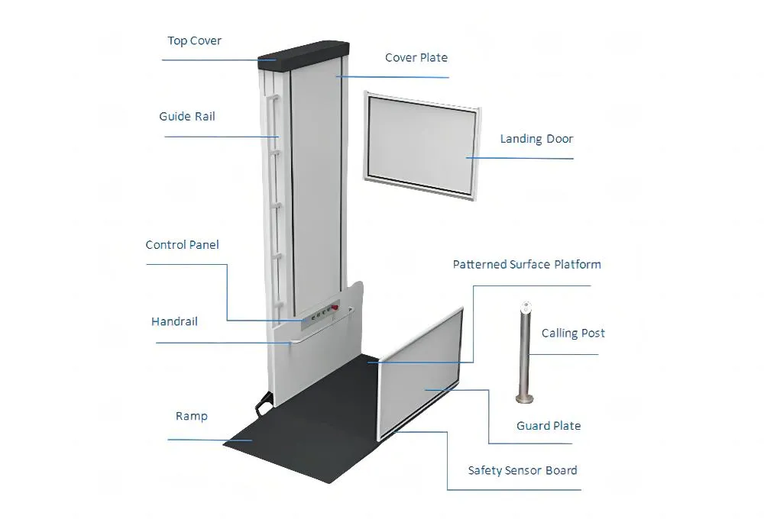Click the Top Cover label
(x=194, y=40)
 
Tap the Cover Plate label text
(x=416, y=57)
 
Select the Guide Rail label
(x=186, y=117)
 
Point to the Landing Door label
(x=536, y=139)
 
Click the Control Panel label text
(x=182, y=245)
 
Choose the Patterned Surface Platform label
(x=526, y=265)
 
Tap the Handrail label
(x=174, y=321)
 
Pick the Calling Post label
(x=573, y=334)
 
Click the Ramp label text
(x=191, y=416)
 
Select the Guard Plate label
(x=548, y=426)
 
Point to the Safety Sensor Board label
(x=523, y=470)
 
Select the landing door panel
(x=422, y=145)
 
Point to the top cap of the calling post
(x=525, y=307)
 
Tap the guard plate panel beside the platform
(x=421, y=374)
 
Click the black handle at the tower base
(x=263, y=402)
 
